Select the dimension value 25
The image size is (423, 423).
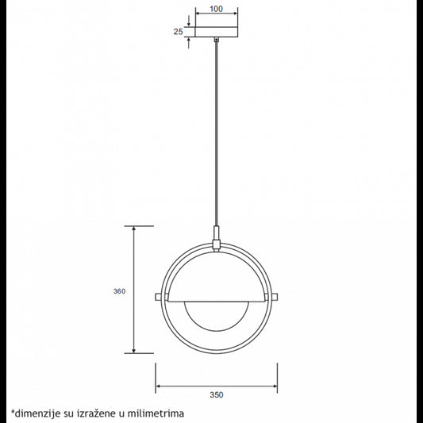(x=179, y=32)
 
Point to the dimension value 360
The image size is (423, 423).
(x=120, y=291)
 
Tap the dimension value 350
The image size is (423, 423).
(x=216, y=394)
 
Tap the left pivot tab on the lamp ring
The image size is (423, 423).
(x=159, y=298)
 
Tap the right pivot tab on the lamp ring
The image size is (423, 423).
(x=275, y=298)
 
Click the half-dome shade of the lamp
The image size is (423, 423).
(x=216, y=278)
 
